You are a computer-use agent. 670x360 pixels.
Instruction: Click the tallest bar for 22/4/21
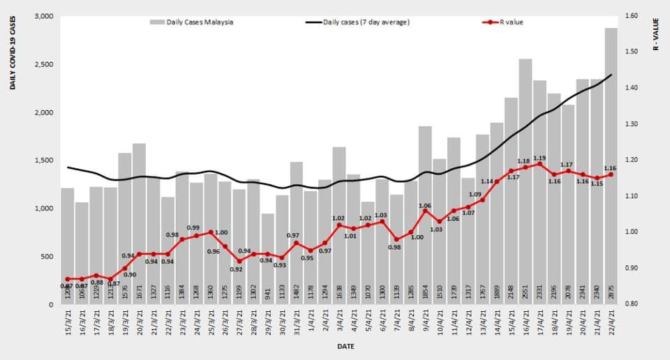(611, 167)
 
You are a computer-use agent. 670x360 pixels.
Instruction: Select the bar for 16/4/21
(525, 181)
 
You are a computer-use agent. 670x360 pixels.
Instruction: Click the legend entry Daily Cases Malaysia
(192, 22)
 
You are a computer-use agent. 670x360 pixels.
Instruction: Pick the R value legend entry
(505, 22)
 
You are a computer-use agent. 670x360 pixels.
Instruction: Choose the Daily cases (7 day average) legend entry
(359, 22)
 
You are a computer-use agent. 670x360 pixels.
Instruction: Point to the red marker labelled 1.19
(539, 164)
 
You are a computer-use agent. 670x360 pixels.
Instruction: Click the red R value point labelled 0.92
(239, 261)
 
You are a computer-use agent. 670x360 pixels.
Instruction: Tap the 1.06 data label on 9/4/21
(424, 206)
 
